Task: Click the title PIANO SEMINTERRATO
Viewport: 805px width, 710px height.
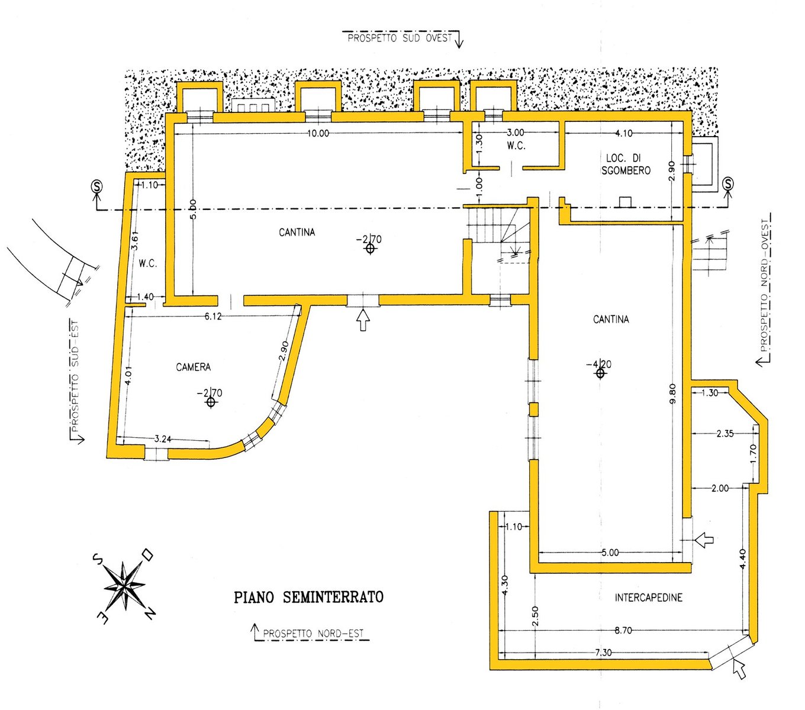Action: pos(308,597)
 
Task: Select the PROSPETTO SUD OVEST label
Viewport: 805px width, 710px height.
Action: pos(400,38)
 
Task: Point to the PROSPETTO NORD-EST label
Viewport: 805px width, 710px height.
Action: pos(313,634)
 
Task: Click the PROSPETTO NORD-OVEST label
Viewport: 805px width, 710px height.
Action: pos(767,284)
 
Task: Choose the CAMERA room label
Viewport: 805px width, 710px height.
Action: pos(193,367)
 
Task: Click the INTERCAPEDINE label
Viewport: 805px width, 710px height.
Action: pos(648,598)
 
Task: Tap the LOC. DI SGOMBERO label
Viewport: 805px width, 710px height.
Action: pos(625,164)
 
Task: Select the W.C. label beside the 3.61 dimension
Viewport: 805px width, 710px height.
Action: pos(148,263)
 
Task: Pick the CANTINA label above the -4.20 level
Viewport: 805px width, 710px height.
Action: pos(611,319)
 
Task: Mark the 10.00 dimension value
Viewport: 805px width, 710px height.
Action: pos(318,134)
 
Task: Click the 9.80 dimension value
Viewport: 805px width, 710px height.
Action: pos(671,394)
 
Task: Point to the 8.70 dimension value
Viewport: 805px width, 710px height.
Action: pos(623,631)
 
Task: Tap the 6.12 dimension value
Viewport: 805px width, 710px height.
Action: pos(213,317)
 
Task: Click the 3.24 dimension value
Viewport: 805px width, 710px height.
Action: pos(163,439)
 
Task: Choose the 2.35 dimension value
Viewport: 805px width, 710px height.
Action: pos(724,434)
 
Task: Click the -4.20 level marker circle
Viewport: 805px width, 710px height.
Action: pos(600,373)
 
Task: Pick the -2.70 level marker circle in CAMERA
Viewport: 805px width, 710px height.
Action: pos(210,402)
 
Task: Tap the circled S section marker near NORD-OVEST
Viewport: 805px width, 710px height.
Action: pos(728,183)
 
